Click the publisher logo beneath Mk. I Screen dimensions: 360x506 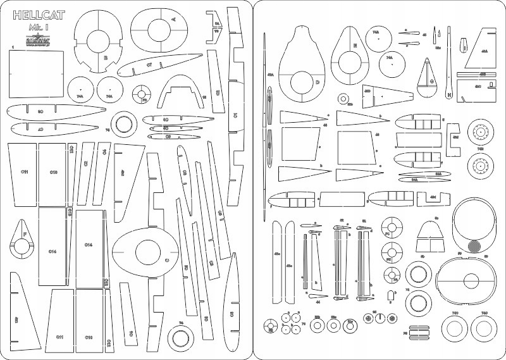coord(35,40)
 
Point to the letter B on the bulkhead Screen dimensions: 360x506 coord(106,57)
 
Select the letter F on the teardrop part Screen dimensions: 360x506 coord(25,235)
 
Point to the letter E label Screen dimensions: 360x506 coord(355,46)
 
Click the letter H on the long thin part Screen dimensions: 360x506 coord(448,96)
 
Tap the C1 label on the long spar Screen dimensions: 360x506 coord(235,115)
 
